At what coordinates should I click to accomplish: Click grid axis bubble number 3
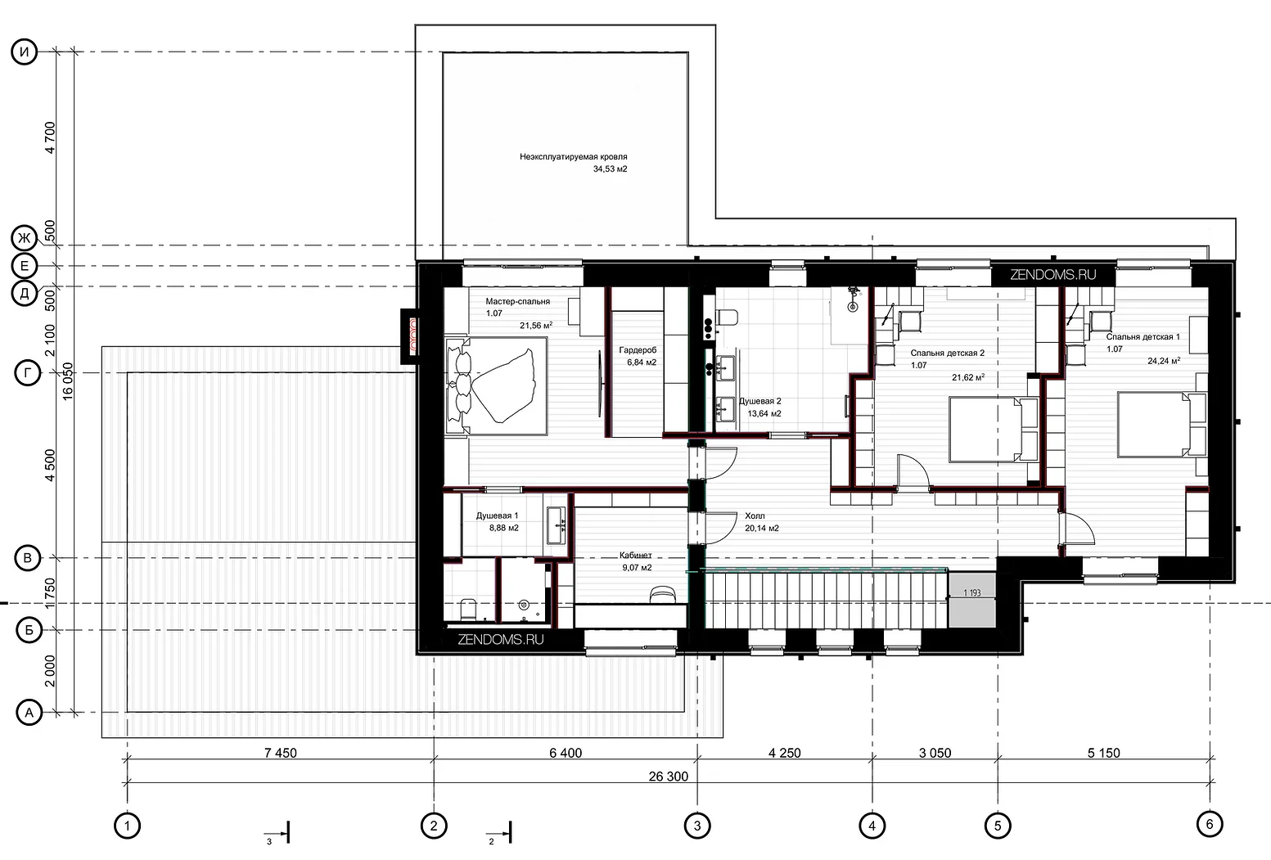[x=697, y=826]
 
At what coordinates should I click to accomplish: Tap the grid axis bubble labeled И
[x=25, y=52]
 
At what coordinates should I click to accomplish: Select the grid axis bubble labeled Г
[x=27, y=373]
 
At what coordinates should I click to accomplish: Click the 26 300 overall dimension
[x=669, y=776]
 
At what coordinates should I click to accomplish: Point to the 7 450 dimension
[x=280, y=753]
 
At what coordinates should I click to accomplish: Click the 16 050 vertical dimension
[x=68, y=381]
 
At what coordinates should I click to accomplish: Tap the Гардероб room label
[x=638, y=350]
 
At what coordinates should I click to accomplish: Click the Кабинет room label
[x=635, y=556]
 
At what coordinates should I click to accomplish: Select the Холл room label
[x=755, y=516]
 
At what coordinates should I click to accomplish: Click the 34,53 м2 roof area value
[x=610, y=169]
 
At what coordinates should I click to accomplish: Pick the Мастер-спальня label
[x=517, y=302]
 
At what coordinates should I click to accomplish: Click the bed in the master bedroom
[x=497, y=386]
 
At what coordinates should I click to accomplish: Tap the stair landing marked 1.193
[x=972, y=600]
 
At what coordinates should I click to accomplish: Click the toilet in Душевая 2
[x=726, y=318]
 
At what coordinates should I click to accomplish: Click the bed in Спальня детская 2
[x=994, y=430]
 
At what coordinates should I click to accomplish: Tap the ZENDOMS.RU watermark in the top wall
[x=1053, y=275]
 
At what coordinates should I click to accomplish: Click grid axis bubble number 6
[x=1209, y=824]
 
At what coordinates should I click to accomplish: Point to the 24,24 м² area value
[x=1164, y=360]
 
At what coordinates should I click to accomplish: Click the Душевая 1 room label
[x=497, y=516]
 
